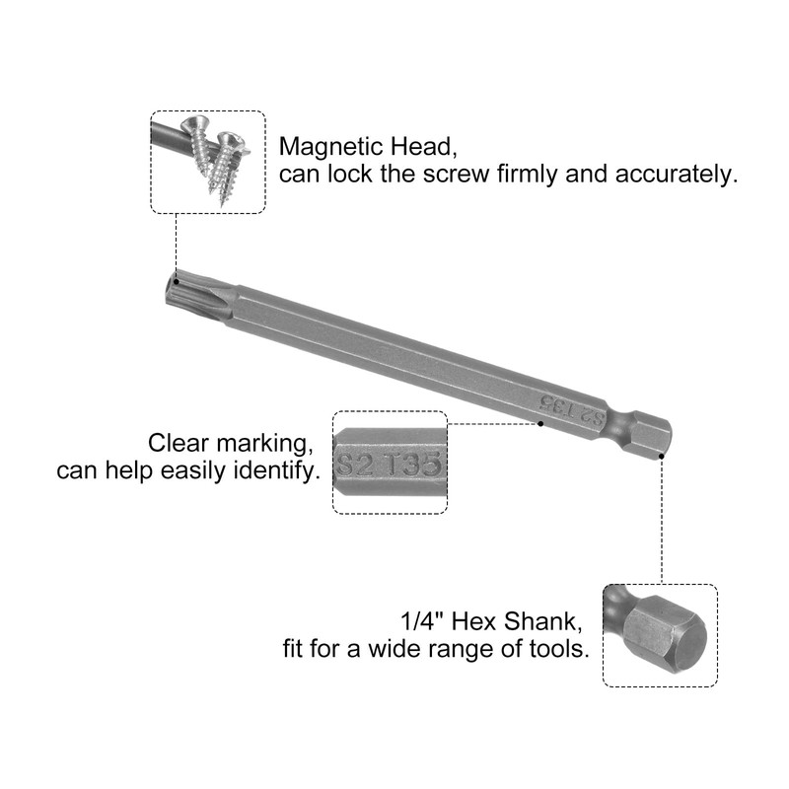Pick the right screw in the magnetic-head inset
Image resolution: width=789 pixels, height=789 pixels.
pyautogui.click(x=228, y=163)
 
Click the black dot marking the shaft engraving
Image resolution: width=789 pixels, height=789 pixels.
pyautogui.click(x=540, y=425)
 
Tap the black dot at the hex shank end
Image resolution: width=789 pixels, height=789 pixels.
pyautogui.click(x=661, y=456)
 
